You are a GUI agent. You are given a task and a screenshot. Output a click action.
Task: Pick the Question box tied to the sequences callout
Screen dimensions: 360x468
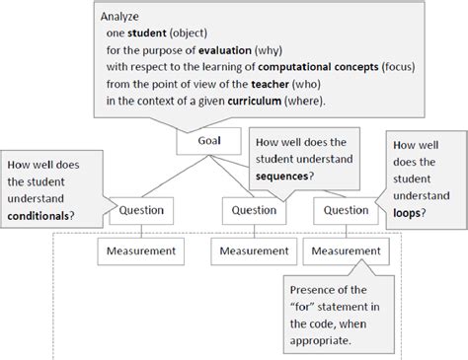pyautogui.click(x=253, y=209)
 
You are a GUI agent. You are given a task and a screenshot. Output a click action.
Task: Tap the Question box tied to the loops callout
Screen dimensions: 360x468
pyautogui.click(x=347, y=209)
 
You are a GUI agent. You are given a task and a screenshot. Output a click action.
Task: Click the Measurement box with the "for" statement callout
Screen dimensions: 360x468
pyautogui.click(x=347, y=252)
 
